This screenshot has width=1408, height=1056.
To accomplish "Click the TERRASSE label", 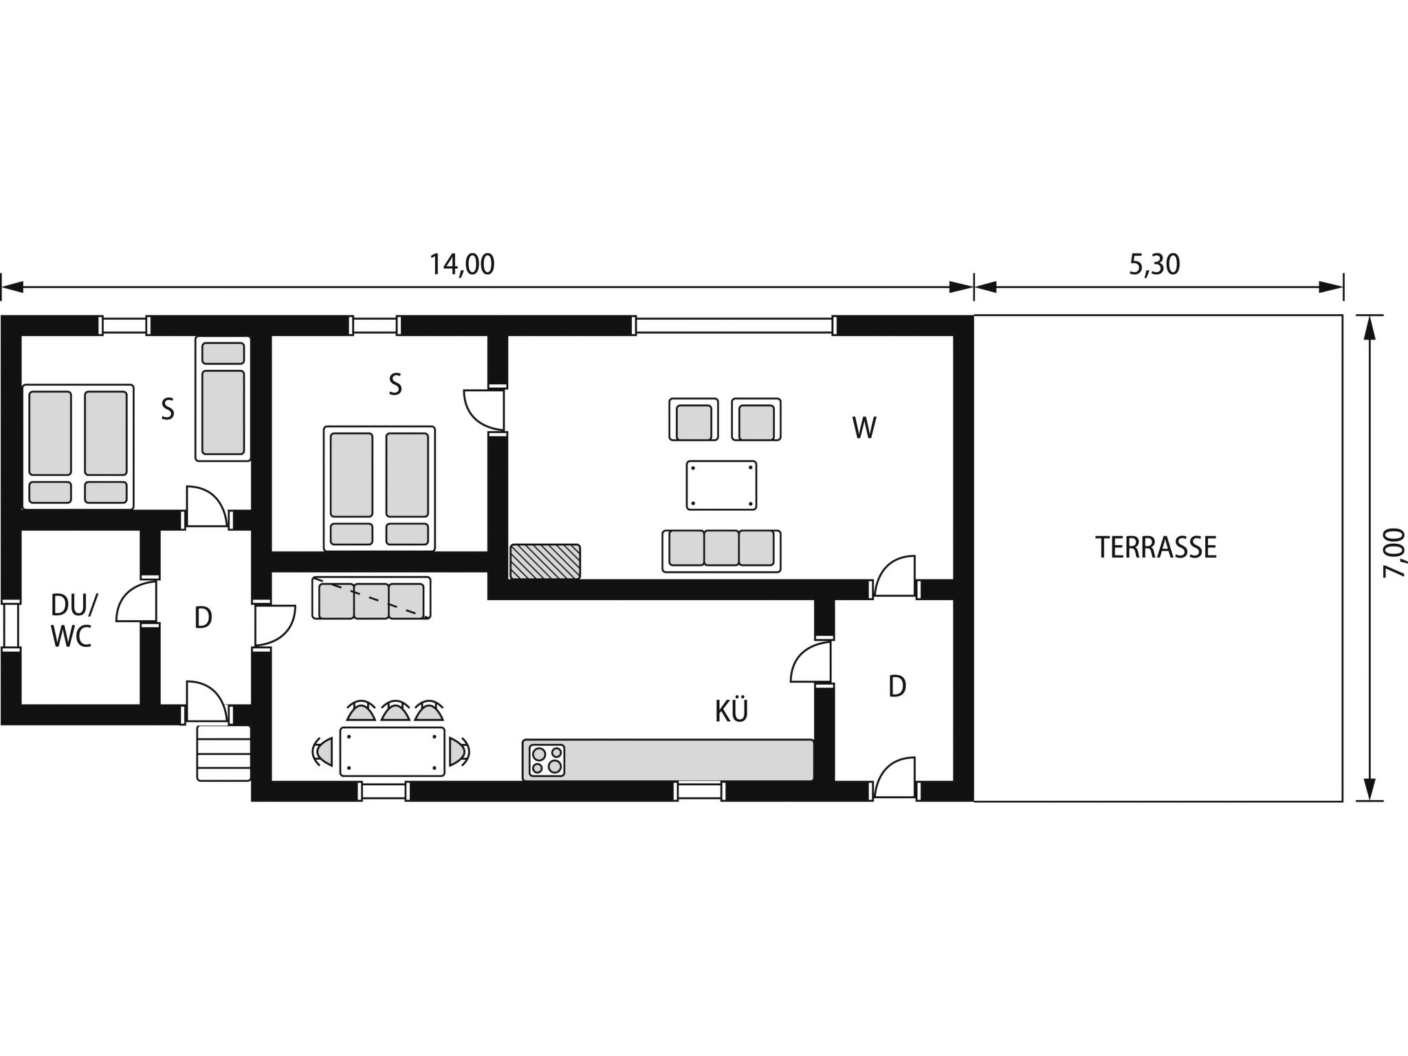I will [1156, 547].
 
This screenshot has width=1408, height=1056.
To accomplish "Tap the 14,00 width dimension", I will [462, 265].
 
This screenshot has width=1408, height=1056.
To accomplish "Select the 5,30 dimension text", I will [1154, 265].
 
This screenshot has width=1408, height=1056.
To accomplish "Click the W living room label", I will [863, 428].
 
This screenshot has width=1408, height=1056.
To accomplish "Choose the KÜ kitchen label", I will [731, 712].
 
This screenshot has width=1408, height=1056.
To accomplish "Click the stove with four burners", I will [547, 760].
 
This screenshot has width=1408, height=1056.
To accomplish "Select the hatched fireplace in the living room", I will [545, 561].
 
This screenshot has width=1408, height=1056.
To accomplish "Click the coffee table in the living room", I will [721, 485].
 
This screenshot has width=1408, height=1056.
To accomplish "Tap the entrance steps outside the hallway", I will [223, 753].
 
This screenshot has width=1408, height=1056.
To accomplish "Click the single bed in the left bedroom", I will [223, 399].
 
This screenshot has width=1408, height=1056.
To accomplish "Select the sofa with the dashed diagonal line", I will [371, 598].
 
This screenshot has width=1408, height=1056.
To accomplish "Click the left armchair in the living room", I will [693, 419].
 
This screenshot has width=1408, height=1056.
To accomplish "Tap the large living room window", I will [734, 325].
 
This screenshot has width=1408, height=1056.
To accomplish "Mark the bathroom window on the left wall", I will [10, 624].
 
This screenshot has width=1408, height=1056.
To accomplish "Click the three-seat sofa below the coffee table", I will [721, 550].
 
